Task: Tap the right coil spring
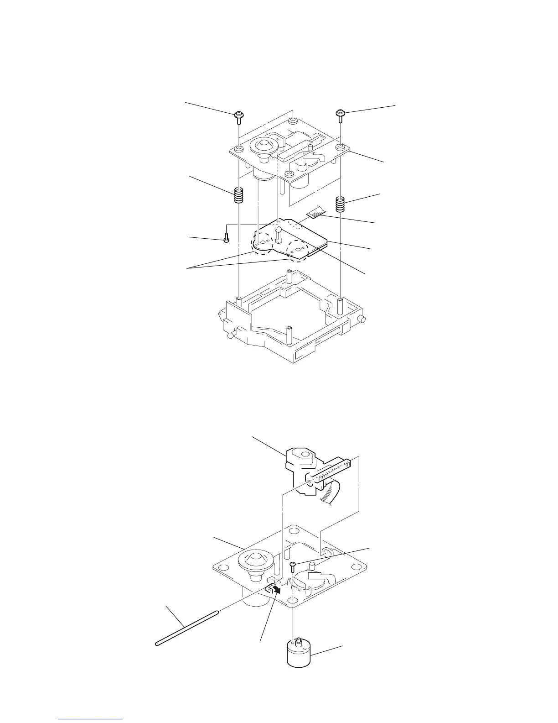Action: click(340, 204)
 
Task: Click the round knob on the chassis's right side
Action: click(362, 319)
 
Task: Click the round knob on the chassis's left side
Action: click(231, 336)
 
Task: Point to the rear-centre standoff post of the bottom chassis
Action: click(289, 277)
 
